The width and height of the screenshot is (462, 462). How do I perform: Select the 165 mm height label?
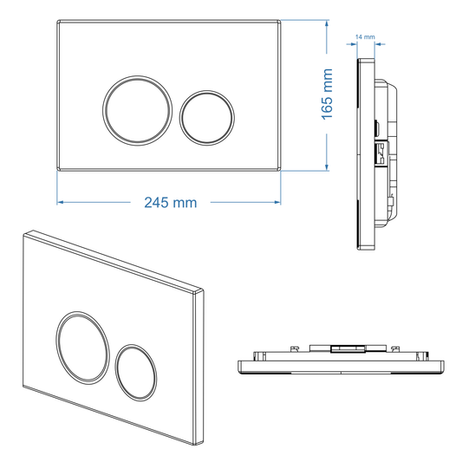328,96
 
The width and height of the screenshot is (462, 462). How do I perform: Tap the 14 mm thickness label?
365,38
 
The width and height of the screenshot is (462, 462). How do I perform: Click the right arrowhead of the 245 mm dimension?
280,202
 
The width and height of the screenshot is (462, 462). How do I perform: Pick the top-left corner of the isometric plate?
27,232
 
